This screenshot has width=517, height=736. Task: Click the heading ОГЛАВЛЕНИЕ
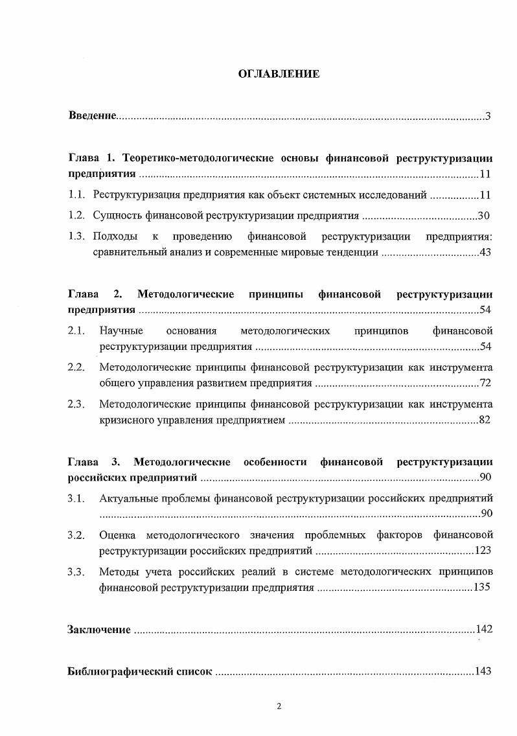(279, 74)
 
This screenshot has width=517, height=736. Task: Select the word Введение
(92, 116)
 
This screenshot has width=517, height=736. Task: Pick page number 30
(482, 215)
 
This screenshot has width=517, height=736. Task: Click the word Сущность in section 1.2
(115, 215)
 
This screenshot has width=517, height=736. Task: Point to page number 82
(485, 420)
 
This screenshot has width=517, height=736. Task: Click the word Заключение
(99, 629)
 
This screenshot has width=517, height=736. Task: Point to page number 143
(482, 671)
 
